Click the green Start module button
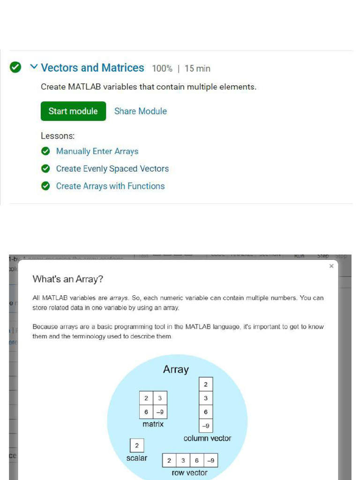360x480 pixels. pos(73,111)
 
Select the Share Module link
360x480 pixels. pos(141,111)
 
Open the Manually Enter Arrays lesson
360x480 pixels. pos(97,151)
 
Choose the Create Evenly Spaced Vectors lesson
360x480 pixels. pos(112,169)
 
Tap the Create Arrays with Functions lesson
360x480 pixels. pos(110,186)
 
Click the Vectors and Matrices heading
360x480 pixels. pos(92,68)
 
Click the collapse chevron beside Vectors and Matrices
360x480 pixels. pos(33,67)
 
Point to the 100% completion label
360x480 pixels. pos(162,68)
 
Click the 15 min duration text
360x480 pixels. pos(197,68)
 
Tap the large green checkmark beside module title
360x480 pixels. pos(15,67)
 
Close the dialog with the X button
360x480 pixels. pos(331,266)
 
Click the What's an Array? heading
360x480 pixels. pos(67,279)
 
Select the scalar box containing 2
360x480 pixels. pos(136,445)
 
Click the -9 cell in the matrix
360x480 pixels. pos(160,412)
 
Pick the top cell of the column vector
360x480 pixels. pos(205,384)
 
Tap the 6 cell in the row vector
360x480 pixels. pos(197,460)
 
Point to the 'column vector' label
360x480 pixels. pos(207,438)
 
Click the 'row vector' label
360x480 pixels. pos(189,473)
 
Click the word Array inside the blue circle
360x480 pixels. pos(176,369)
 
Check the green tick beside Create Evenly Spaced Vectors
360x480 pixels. pos(45,169)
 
